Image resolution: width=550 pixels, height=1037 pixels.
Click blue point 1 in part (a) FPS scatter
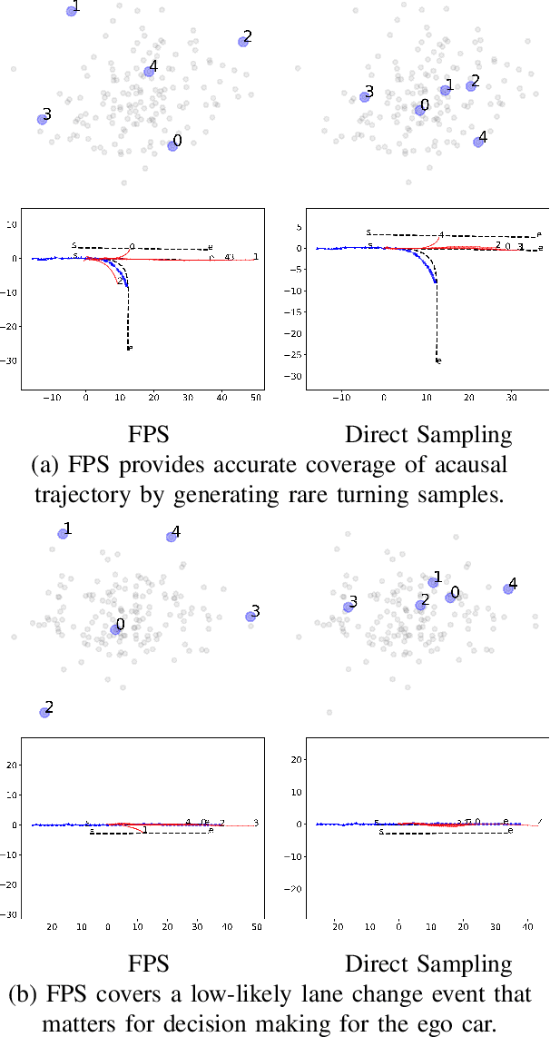click(72, 11)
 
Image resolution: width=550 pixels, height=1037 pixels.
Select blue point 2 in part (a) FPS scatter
click(243, 41)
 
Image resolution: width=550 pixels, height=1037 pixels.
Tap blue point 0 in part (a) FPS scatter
click(172, 145)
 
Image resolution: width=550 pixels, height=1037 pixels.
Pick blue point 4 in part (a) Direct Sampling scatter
click(479, 142)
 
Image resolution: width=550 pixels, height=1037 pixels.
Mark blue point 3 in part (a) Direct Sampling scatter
click(365, 96)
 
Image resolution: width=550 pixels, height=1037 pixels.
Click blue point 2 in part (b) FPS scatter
click(44, 712)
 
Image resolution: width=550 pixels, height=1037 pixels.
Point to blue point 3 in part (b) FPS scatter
click(251, 617)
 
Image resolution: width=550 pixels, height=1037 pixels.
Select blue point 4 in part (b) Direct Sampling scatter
click(508, 588)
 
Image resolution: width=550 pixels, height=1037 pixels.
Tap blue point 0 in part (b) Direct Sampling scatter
click(450, 597)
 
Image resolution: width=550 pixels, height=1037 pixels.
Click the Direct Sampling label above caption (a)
click(428, 434)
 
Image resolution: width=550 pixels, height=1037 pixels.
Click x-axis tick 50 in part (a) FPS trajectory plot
click(256, 398)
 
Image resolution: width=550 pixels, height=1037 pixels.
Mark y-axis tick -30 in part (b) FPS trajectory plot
click(12, 914)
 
